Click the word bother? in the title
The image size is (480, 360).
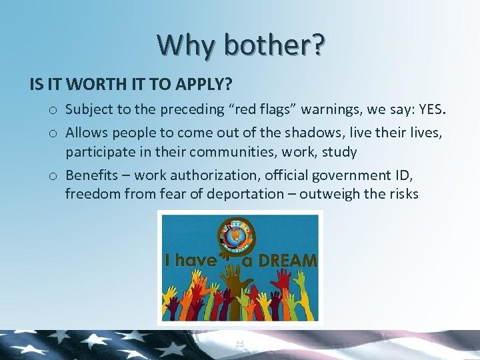tap(275, 45)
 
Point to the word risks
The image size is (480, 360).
tap(399, 194)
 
